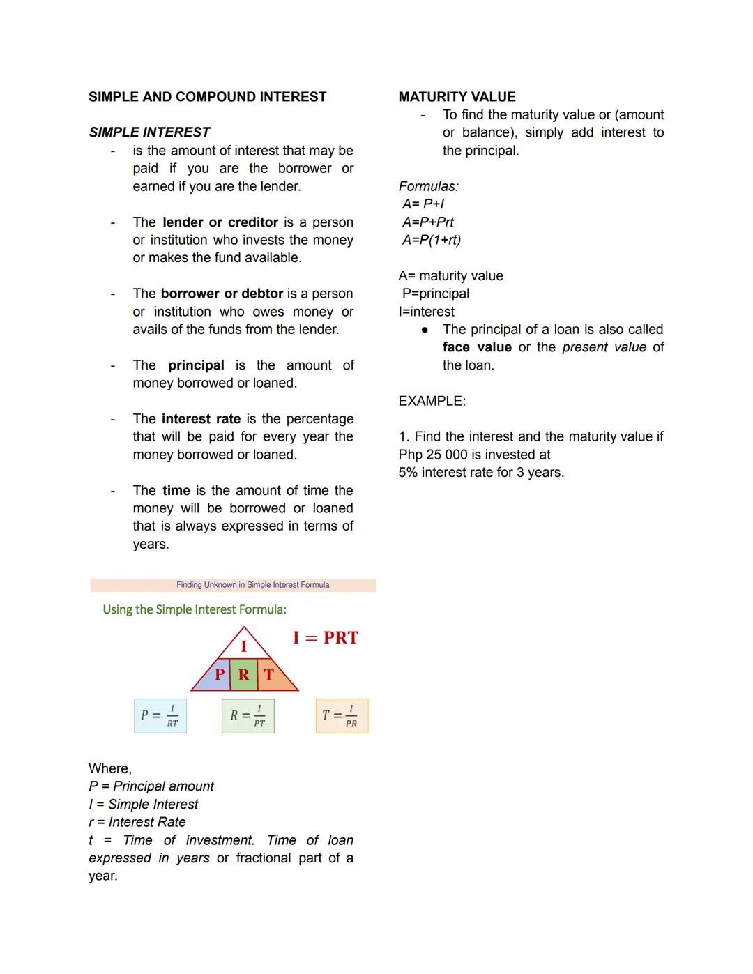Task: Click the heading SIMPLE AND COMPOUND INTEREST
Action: tap(207, 97)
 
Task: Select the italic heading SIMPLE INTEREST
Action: tap(149, 132)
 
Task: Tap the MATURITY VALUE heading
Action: tap(457, 97)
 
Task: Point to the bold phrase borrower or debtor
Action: tap(222, 294)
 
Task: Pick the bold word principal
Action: tap(196, 365)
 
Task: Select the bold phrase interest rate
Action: tap(201, 419)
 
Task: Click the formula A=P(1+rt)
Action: tap(431, 240)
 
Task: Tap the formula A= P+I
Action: tap(423, 204)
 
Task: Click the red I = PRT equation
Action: tap(326, 638)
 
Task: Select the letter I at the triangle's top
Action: tap(243, 646)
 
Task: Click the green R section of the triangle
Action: tap(243, 675)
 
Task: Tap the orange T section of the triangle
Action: tap(270, 675)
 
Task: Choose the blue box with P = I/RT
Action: tap(160, 716)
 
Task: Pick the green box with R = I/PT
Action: tap(248, 716)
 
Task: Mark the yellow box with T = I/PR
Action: tap(342, 716)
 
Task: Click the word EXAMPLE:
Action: tap(432, 402)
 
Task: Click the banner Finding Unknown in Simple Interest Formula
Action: tap(252, 585)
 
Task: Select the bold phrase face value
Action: tap(477, 347)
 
